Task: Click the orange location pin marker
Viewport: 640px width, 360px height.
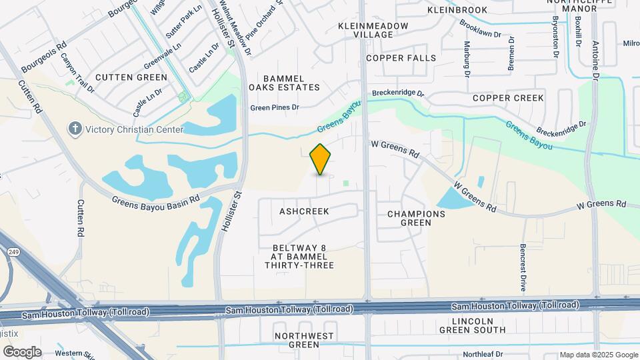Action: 321,159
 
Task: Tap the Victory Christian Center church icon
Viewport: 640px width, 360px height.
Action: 76,128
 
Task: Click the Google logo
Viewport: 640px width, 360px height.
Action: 22,351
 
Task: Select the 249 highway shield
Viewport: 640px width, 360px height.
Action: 13,252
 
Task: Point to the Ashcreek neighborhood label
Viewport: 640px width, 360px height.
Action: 304,211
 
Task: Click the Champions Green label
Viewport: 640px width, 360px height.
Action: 416,218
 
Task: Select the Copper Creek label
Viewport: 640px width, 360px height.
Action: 508,98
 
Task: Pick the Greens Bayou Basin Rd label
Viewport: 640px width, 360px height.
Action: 156,199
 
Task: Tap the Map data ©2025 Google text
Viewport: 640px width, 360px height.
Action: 598,355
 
